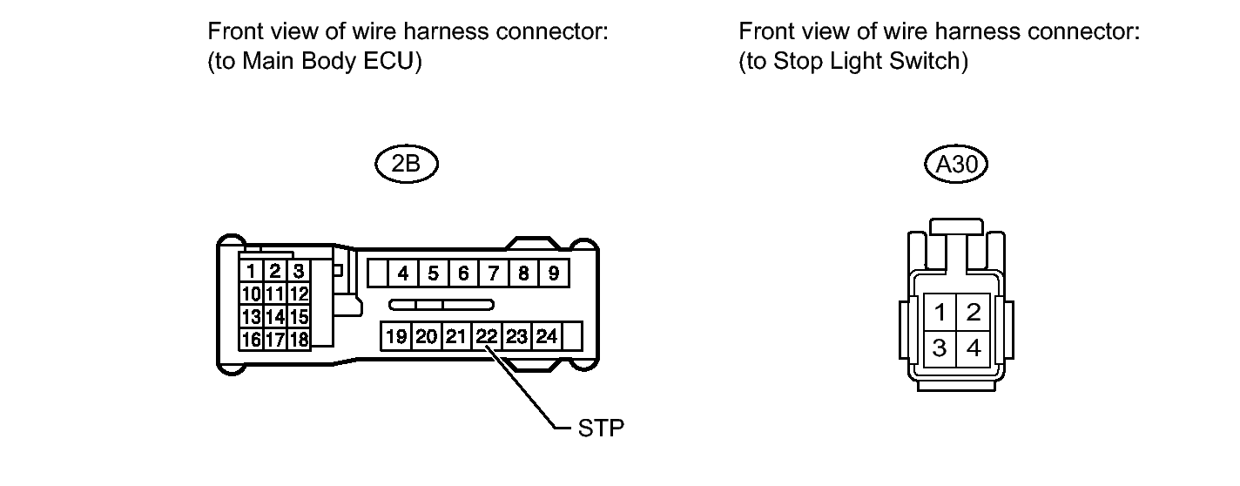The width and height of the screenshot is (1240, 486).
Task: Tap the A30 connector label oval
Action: [955, 165]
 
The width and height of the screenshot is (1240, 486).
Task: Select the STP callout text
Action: [601, 429]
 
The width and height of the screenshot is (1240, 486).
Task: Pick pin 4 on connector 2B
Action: [403, 273]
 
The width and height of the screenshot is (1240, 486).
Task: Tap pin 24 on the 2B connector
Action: [546, 336]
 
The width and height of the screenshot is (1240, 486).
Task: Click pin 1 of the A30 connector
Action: [940, 311]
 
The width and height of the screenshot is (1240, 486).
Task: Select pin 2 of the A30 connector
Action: [974, 311]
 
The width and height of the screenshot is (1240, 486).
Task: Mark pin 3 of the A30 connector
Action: [940, 348]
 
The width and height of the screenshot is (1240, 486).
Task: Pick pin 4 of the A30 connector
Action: [974, 348]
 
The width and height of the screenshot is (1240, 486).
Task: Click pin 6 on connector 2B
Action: [463, 273]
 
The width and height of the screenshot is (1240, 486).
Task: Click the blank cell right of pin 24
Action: [572, 336]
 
